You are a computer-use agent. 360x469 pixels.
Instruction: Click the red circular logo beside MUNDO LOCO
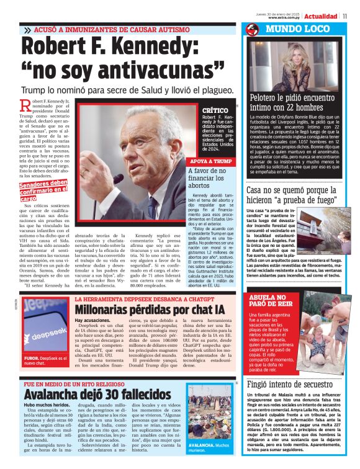pyautogui.click(x=252, y=30)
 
